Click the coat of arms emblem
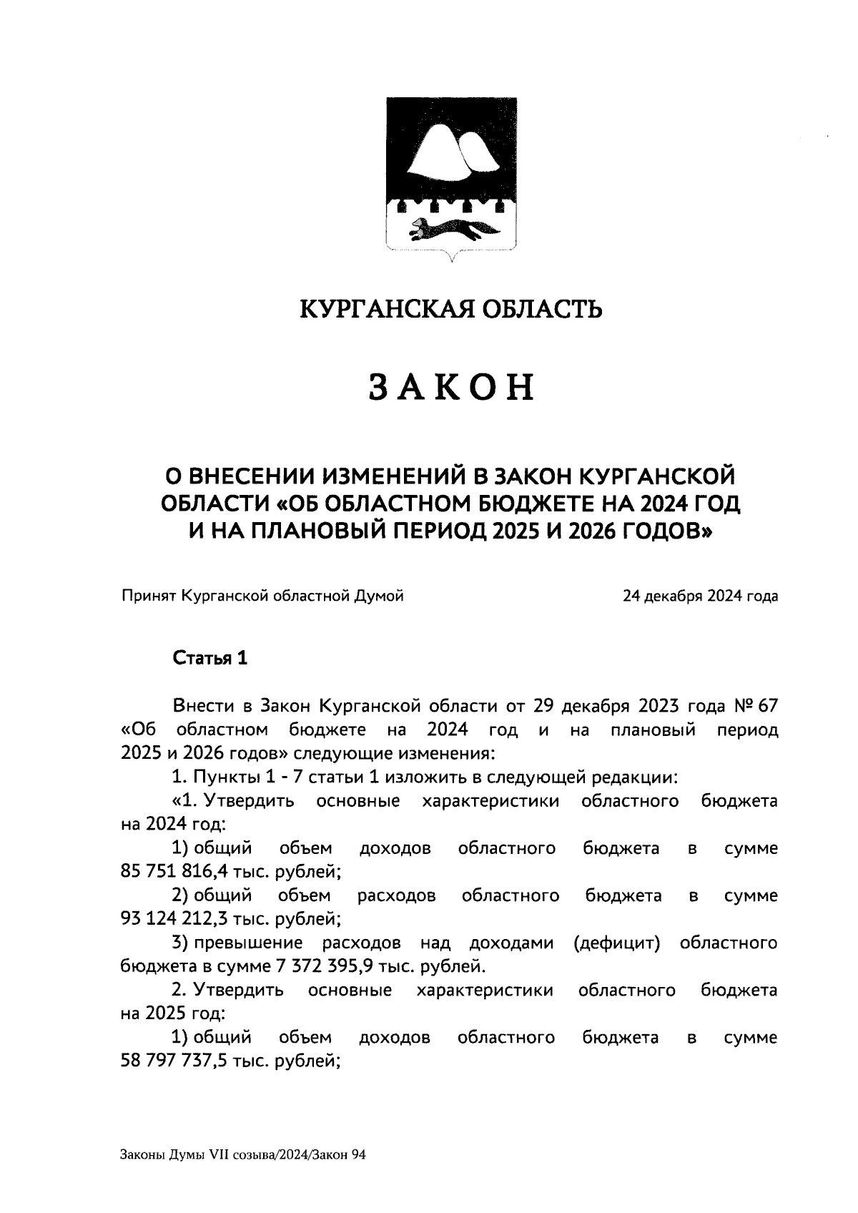point(451,175)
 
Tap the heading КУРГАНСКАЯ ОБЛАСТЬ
point(450,309)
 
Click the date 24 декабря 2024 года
point(700,596)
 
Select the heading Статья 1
point(210,659)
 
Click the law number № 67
point(756,707)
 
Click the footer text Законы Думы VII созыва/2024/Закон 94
point(243,1154)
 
